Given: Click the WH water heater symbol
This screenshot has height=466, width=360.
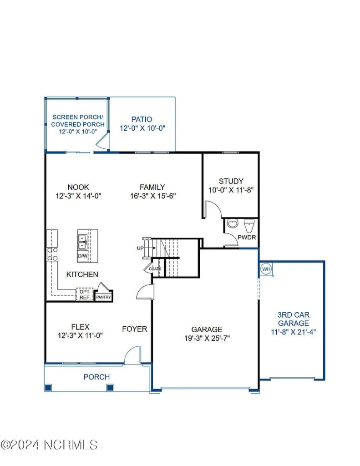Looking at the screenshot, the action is point(266,269).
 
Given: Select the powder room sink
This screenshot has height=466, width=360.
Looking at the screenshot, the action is point(233,223).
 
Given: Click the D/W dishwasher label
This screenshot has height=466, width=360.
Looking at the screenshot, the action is point(83,256).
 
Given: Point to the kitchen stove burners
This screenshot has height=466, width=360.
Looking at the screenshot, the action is point(52,254).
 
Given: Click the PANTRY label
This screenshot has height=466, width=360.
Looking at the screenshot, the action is point(103,297).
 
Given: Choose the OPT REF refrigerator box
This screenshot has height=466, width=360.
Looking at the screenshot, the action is point(85,294).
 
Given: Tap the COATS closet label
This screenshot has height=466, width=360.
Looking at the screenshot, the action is point(155,269).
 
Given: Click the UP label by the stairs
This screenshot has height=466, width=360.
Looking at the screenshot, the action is point(140,248).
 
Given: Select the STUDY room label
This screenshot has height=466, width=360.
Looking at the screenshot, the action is point(231,181).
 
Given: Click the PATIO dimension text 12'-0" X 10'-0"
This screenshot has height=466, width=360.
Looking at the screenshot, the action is point(142,128).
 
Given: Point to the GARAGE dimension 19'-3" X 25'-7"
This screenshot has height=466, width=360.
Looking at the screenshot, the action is point(207,338).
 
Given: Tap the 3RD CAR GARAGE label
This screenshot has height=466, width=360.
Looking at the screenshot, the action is point(294,319).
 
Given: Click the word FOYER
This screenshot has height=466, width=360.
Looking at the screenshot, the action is point(135,329).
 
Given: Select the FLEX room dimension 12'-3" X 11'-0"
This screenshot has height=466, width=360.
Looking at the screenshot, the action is point(80,335).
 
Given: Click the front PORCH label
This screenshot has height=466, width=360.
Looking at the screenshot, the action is point(96,377).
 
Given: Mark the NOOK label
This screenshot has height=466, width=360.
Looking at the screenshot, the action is point(78,187).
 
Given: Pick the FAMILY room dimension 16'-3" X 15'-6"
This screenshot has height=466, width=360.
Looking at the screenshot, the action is point(153,196).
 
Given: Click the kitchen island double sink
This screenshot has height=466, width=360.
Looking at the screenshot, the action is point(82,242).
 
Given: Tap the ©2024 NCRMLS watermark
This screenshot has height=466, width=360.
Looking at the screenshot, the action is point(49,445).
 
